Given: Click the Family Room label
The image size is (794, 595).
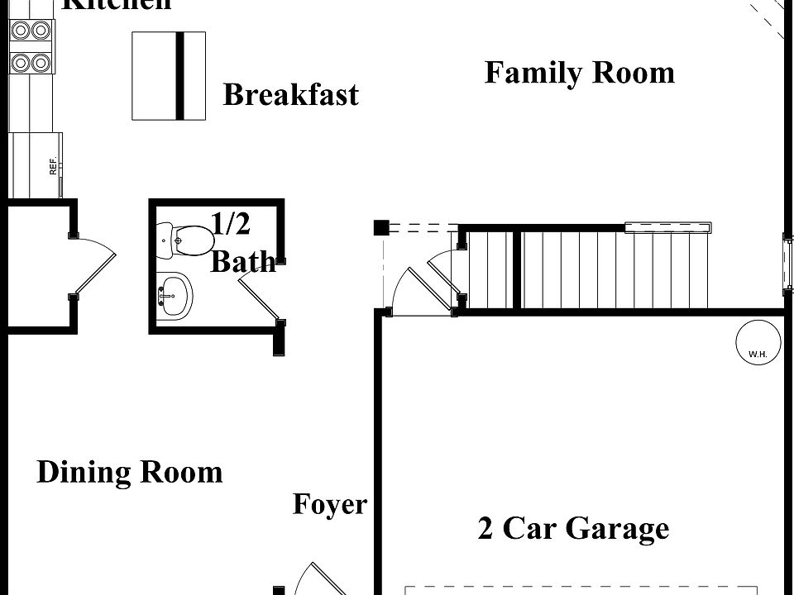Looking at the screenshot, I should click(x=579, y=73).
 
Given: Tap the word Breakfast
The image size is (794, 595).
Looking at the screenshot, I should click(x=291, y=95).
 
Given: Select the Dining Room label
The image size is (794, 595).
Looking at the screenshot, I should click(x=130, y=473).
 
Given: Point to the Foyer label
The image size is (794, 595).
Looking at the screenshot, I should click(x=329, y=504).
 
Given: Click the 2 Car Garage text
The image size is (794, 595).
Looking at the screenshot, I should click(x=573, y=528).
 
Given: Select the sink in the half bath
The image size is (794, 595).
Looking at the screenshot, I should click(x=175, y=293).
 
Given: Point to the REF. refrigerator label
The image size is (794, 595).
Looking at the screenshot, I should click(x=53, y=165).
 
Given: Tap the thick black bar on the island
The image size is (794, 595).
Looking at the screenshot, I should click(x=179, y=75).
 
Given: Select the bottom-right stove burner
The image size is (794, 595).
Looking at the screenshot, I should click(x=41, y=62).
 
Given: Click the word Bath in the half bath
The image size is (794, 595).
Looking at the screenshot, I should click(x=243, y=262).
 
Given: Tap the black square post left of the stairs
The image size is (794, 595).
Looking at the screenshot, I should click(x=380, y=228).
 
